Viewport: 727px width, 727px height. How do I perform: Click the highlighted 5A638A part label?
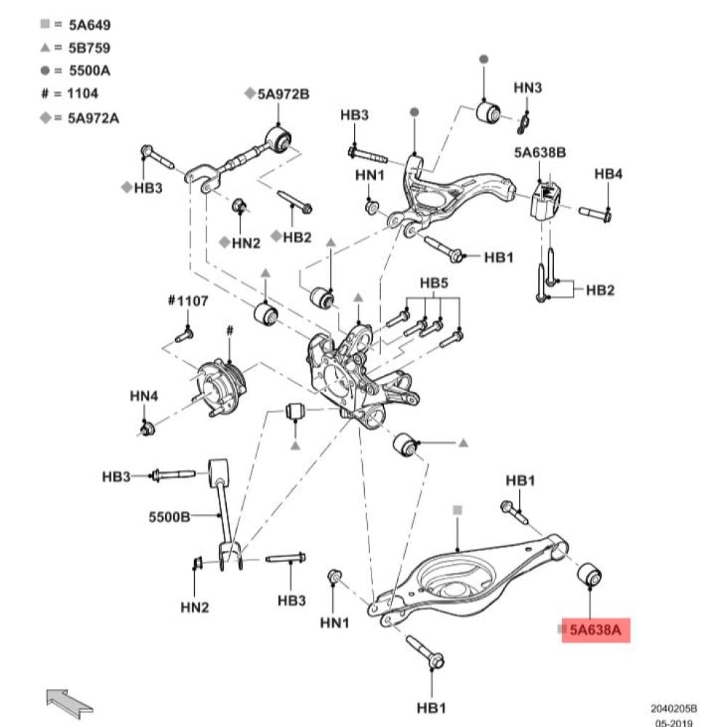595,630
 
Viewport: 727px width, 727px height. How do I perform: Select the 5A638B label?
539,153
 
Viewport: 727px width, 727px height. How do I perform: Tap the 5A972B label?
282,94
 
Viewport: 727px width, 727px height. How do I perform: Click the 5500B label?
169,517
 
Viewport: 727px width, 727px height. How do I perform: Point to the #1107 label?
188,300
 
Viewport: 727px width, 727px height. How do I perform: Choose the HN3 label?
528,87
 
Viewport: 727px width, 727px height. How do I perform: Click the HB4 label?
608,174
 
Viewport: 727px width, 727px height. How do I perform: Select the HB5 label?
434,282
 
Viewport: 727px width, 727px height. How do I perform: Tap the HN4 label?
144,396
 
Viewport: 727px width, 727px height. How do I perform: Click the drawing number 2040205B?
673,707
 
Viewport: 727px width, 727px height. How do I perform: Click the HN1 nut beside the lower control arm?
336,577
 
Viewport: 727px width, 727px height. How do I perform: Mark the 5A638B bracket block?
545,200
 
